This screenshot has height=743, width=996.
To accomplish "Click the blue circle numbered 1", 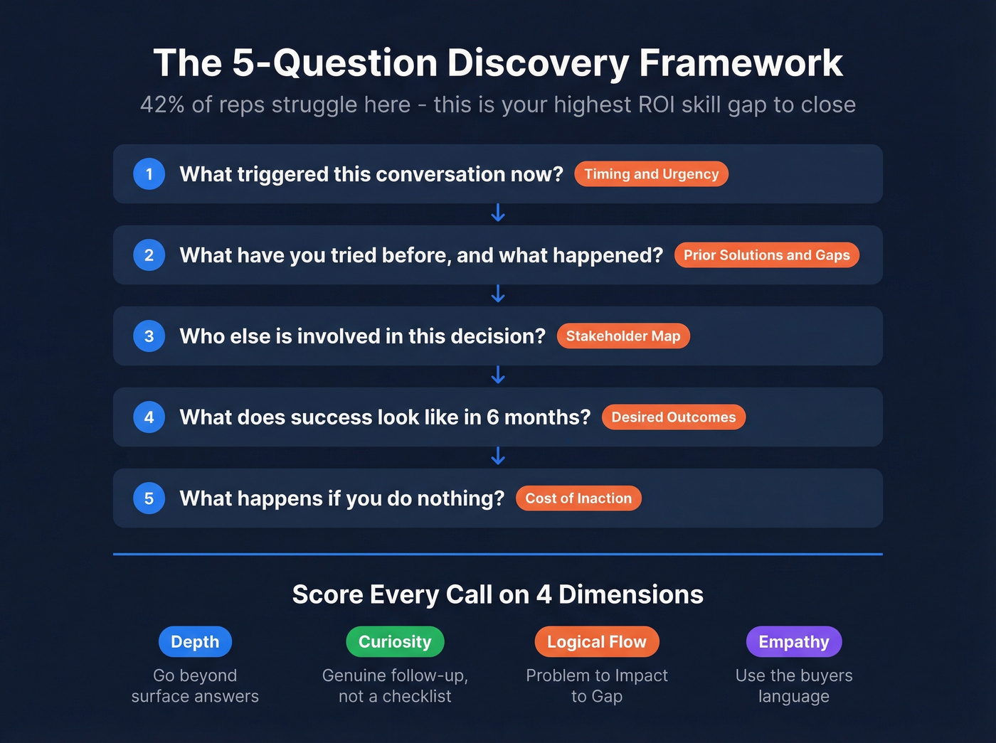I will pyautogui.click(x=149, y=174).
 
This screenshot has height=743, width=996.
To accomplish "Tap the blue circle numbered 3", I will pyautogui.click(x=149, y=336).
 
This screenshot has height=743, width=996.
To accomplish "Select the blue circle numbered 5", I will pyautogui.click(x=149, y=498).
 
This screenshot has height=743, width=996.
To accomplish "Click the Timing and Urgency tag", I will pyautogui.click(x=651, y=174).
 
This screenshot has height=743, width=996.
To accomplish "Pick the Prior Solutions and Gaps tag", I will pyautogui.click(x=766, y=255).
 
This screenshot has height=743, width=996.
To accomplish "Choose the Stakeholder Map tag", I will pyautogui.click(x=623, y=336).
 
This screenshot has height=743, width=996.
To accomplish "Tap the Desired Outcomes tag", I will pyautogui.click(x=673, y=417).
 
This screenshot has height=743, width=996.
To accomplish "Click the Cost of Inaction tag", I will pyautogui.click(x=578, y=498).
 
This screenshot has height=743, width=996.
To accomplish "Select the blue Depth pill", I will pyautogui.click(x=195, y=642).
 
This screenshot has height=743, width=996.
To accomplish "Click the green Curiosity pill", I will pyautogui.click(x=395, y=642).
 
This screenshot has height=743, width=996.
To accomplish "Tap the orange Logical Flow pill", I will pyautogui.click(x=597, y=642).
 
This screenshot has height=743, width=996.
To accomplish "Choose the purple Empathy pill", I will pyautogui.click(x=794, y=642).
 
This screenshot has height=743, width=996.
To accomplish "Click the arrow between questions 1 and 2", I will pyautogui.click(x=498, y=213).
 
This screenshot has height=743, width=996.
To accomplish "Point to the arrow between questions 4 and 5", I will pyautogui.click(x=498, y=456).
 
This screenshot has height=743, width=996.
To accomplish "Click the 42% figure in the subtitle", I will pyautogui.click(x=163, y=105).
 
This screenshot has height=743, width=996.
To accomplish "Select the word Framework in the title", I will pyautogui.click(x=741, y=63).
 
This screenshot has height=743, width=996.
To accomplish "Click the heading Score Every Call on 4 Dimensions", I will pyautogui.click(x=498, y=594).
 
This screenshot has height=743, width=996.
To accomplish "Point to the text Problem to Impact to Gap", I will pyautogui.click(x=597, y=685).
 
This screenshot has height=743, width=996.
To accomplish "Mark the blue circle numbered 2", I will pyautogui.click(x=149, y=255).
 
